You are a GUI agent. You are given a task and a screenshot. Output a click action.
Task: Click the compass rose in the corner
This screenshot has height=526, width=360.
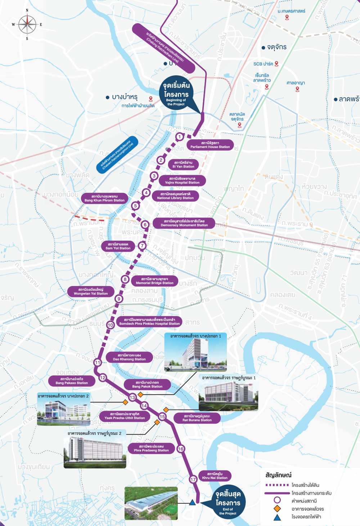27,24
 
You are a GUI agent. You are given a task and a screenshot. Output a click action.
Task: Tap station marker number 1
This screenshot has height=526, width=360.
179,137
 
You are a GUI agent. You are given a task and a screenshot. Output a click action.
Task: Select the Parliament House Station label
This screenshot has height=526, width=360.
210,145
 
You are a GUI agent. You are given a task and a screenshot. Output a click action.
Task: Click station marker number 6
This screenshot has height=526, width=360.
145,225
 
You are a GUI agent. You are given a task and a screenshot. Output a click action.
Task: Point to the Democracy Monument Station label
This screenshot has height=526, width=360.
184,223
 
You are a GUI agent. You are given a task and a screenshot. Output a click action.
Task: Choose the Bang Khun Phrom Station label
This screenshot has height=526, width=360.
104,199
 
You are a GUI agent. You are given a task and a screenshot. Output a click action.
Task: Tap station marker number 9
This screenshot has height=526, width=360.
119,299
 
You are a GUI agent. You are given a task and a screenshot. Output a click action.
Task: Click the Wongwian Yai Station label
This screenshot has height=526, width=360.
91,291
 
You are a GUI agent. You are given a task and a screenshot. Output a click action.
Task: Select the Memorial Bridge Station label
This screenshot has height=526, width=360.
154,281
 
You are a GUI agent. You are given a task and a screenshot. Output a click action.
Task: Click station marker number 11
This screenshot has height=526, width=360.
98,362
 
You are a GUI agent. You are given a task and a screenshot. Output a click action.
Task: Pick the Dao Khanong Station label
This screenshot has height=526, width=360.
129,357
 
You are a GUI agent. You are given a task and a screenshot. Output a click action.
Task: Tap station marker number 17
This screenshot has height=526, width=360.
193,479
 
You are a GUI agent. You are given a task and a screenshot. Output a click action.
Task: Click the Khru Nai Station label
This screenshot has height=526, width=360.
215,476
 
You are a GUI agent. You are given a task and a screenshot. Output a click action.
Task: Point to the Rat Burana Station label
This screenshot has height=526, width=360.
197,418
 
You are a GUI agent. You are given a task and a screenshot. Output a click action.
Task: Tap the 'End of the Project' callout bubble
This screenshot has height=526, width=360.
228,503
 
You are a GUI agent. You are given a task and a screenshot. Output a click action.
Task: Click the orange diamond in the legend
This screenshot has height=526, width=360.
277,509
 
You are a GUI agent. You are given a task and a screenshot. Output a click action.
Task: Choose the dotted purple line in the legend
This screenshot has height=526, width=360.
277,485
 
